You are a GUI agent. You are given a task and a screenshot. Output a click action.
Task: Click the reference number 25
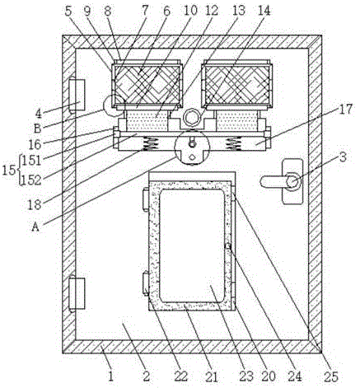point(331,377)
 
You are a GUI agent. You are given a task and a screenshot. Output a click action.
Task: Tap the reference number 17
point(345,110)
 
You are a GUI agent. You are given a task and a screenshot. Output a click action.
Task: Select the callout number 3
point(343,158)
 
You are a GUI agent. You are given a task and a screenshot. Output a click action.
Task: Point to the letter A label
point(35,227)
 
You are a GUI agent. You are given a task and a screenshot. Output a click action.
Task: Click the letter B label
point(37,129)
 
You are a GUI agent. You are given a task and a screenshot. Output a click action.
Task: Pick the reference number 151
point(31,161)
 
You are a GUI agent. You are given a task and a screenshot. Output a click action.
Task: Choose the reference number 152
point(31,180)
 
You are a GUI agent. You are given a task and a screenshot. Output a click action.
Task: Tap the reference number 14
point(264,11)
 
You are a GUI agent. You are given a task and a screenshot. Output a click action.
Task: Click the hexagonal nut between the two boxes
point(192,117)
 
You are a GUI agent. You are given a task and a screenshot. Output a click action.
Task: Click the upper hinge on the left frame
point(77,95)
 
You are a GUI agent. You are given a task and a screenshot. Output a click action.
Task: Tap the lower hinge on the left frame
point(77,293)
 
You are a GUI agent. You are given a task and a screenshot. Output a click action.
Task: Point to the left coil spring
point(150,144)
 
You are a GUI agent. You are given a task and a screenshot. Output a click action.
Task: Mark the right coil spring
point(233,144)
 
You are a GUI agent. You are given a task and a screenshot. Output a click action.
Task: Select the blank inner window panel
point(192,245)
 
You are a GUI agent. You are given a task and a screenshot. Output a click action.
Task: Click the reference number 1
point(110,376)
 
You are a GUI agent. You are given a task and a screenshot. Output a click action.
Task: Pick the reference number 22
point(180,376)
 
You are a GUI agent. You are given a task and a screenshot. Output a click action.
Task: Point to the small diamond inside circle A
point(192,157)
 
